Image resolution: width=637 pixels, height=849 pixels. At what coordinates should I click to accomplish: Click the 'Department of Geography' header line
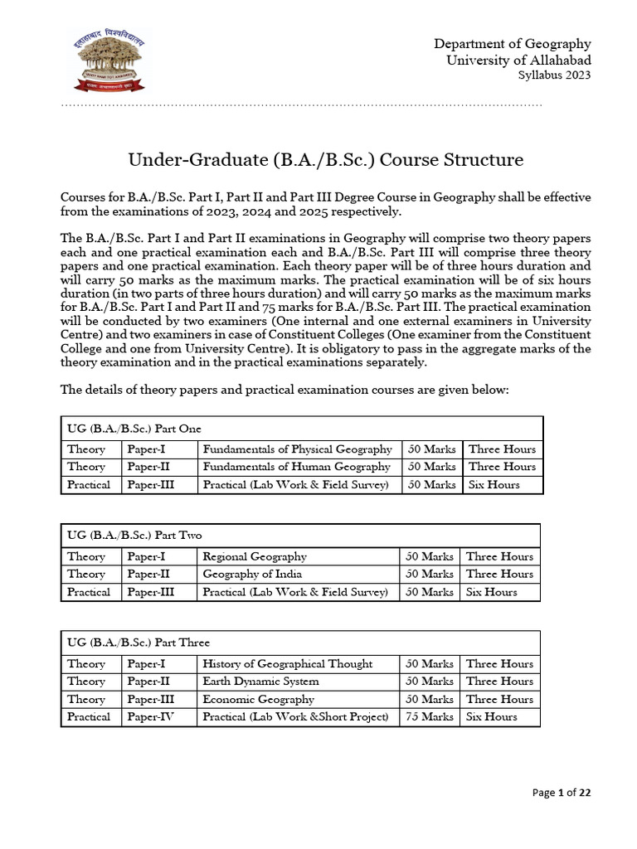(x=513, y=44)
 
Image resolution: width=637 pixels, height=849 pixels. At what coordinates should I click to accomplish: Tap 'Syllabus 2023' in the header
(x=554, y=76)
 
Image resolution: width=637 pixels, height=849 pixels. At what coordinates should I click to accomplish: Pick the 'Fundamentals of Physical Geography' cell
(x=297, y=449)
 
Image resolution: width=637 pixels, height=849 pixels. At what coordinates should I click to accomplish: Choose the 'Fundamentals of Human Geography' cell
(x=296, y=467)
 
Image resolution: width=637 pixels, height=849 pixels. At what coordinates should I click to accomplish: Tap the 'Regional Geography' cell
(x=255, y=556)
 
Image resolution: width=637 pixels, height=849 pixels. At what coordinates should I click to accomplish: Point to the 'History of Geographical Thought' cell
(x=287, y=663)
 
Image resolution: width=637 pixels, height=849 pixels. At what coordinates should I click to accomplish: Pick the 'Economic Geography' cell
(x=259, y=699)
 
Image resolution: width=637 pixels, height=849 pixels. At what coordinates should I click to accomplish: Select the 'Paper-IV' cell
(x=150, y=716)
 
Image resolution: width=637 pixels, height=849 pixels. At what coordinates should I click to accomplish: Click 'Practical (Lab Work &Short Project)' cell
(x=295, y=716)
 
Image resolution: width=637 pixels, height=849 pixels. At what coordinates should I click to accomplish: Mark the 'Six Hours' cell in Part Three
(x=491, y=716)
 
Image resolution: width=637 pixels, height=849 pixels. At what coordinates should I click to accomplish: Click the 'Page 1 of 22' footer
(x=562, y=793)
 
